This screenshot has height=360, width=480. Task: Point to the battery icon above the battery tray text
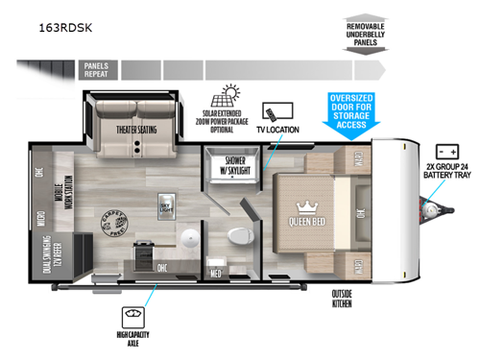point(446,152)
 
